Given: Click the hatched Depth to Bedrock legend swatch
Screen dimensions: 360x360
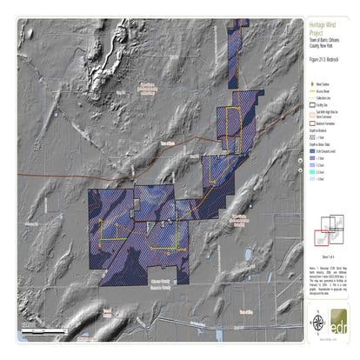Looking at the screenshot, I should [x=314, y=138].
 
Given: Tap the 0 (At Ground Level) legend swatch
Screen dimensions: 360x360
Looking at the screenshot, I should [x=314, y=151].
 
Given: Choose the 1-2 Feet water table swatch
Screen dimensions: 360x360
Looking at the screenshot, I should [x=314, y=159].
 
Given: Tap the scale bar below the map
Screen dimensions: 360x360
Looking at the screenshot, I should [x=39, y=332].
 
